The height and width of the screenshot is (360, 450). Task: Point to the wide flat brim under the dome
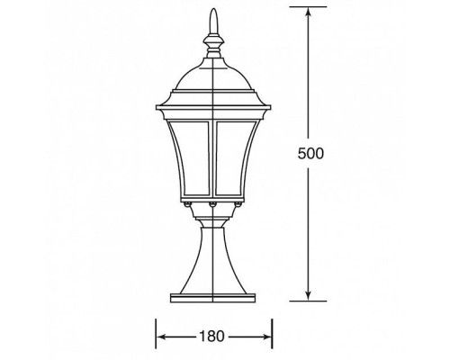pos(212,98)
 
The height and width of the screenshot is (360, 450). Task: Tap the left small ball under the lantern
pos(188,206)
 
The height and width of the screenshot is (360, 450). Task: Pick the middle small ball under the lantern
pos(212,206)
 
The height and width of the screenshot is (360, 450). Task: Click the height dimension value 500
pos(310,153)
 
